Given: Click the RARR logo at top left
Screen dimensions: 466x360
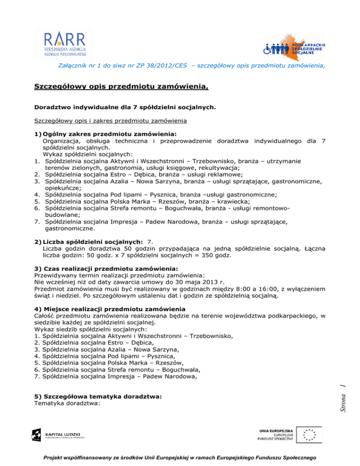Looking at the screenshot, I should coord(64,44).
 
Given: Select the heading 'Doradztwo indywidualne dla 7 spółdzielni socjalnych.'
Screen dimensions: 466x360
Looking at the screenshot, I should coord(125,107).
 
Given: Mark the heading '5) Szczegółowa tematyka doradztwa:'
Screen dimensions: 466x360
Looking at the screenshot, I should coord(98,396).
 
